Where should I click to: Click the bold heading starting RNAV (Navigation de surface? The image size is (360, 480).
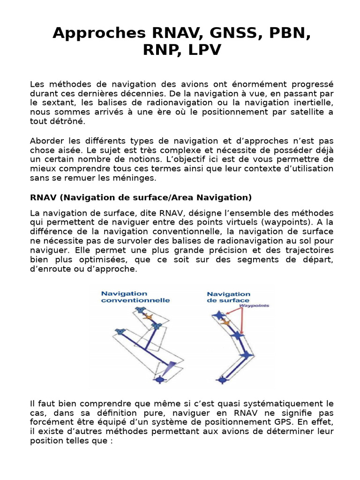tap(141, 197)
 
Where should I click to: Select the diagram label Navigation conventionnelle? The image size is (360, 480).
tap(135, 297)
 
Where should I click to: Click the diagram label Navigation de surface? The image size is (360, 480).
tap(228, 297)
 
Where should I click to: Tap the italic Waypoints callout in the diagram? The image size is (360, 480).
tap(254, 305)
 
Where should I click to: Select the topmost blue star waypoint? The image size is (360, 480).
tap(217, 315)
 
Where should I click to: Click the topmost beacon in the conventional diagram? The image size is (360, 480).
tap(138, 309)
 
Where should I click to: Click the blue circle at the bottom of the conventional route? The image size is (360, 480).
tap(159, 379)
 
